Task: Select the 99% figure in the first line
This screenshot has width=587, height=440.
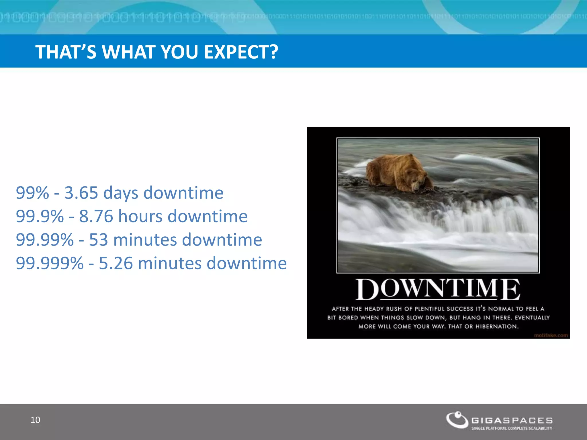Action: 32,193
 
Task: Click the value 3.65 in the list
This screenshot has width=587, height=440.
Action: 81,193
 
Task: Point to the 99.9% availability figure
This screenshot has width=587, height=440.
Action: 40,216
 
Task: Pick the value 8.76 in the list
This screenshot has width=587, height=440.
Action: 96,216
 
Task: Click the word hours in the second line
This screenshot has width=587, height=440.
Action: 140,216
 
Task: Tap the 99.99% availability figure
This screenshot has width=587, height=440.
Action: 45,240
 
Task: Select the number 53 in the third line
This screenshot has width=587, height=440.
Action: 98,240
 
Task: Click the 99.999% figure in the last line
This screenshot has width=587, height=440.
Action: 50,263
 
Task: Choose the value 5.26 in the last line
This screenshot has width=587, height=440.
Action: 116,263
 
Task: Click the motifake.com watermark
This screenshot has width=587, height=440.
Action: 551,335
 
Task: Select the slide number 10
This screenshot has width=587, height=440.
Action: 35,420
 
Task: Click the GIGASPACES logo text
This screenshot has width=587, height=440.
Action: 512,421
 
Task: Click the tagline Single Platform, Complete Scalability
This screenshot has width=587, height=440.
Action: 512,428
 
